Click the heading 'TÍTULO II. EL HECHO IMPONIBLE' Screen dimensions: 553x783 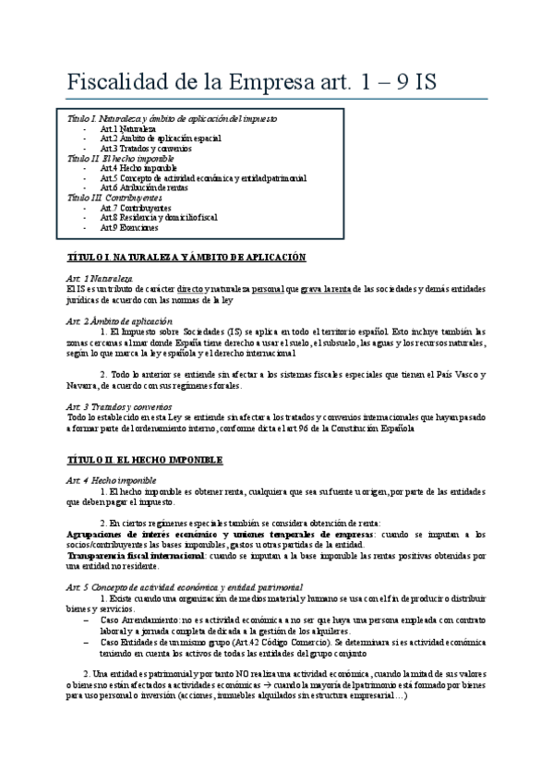[x=145, y=459]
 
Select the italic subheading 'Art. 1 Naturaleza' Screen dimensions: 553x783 [x=100, y=278]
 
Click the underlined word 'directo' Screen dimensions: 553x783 [x=190, y=288]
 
